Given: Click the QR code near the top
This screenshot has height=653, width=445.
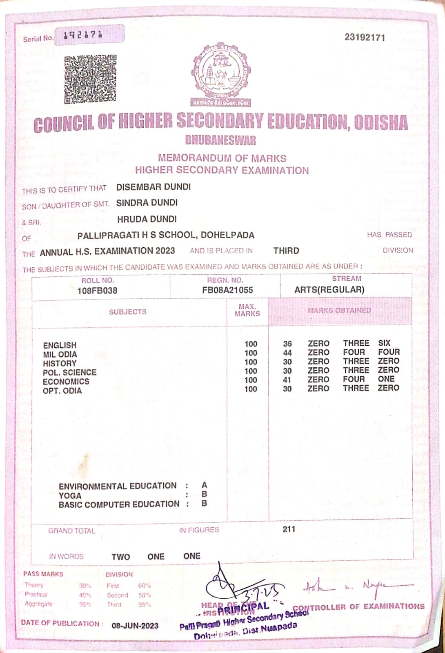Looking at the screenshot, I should pos(90,79).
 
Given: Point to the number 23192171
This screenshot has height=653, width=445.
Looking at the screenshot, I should pos(365,38).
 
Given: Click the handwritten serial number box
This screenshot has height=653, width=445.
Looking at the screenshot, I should pos(89,35).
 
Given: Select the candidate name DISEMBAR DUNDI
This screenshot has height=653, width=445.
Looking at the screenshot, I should pos(154,187).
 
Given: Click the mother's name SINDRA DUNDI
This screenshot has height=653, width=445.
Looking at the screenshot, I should pos(147,203).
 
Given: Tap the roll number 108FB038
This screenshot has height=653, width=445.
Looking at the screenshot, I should pos(97,291).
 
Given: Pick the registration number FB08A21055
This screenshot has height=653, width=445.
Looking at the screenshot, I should pos(227,290).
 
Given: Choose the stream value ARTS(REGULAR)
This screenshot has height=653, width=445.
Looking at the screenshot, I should pos(329,290).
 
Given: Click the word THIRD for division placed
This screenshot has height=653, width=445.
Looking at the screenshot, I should pos(286,251).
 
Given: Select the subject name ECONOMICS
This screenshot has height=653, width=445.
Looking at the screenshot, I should pos(66,382).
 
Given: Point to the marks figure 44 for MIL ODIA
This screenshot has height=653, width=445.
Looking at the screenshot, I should pos(287,353).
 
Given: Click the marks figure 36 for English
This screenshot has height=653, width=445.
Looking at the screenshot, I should pos(287,344).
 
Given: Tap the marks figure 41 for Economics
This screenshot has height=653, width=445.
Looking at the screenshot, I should pos(287,380).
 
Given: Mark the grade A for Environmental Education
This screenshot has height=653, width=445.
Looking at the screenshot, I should pos(204,485).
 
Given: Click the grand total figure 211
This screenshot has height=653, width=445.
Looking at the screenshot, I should pos(289,529).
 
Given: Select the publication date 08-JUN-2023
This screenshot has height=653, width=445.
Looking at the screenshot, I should pos(135,626).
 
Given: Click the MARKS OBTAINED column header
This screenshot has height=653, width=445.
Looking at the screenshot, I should pos(339,311).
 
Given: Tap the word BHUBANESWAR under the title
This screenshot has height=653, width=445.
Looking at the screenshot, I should pos(220,140).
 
